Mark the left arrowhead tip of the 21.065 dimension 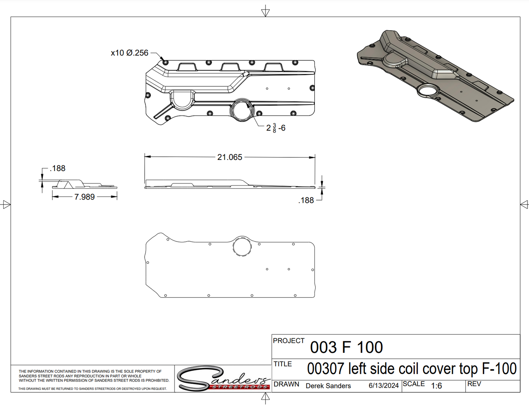[x=145, y=157]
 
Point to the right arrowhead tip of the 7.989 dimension [x=117, y=197]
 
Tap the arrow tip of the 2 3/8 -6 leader [x=247, y=103]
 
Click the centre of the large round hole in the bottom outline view [x=242, y=246]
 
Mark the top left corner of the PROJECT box [x=272, y=335]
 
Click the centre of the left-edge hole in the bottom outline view [x=148, y=262]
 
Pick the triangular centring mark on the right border [x=524, y=204]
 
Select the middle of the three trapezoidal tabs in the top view [x=230, y=67]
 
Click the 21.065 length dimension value [x=230, y=157]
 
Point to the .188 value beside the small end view [x=57, y=168]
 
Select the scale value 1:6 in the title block [x=436, y=386]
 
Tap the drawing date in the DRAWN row [x=384, y=386]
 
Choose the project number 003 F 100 [x=346, y=347]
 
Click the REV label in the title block [x=474, y=384]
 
